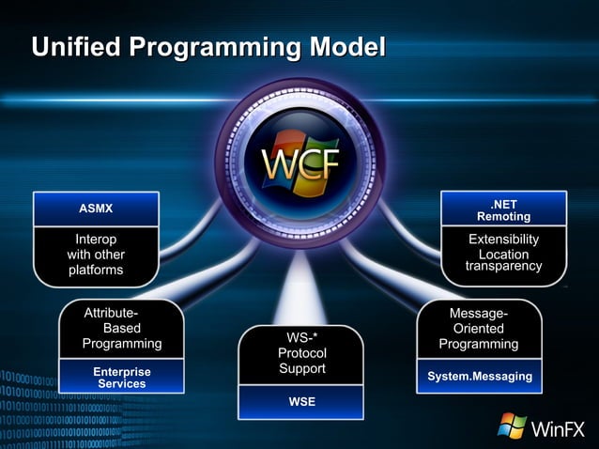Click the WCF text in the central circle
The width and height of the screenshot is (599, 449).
coord(299,164)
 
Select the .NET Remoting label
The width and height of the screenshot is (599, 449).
coord(503,209)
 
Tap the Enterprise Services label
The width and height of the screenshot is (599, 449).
coord(121,378)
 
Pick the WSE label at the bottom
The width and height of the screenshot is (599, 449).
coord(300,402)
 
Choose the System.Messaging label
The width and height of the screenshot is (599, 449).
coord(479,377)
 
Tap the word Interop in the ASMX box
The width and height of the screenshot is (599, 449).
coord(96,240)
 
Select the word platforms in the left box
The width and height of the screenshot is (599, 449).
coord(96,270)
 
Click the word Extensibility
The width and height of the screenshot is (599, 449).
coord(503,240)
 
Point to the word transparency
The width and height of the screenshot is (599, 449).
coord(503,267)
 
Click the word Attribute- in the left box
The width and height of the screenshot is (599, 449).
coord(112,313)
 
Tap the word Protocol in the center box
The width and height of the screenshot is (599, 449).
coord(301,352)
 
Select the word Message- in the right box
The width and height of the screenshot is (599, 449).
coord(479,314)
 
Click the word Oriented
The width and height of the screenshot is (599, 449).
coord(479,329)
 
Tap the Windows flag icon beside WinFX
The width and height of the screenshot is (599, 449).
coord(512,426)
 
